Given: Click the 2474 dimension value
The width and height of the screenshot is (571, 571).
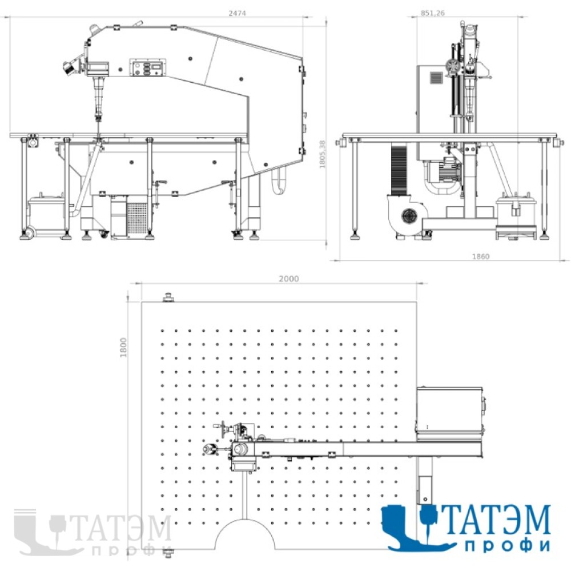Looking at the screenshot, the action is tap(237, 13).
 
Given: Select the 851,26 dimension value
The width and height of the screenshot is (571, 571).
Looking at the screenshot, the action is tap(433, 13).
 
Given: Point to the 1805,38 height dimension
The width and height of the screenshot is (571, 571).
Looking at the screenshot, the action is tap(323, 154).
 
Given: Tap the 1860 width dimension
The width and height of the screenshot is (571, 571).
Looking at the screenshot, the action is tap(481, 256).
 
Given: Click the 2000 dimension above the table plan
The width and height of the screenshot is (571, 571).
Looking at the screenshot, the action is tap(289, 279).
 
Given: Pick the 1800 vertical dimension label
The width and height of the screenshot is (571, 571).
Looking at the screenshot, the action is tap(123, 347).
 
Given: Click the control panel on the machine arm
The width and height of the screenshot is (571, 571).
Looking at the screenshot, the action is tap(148, 67).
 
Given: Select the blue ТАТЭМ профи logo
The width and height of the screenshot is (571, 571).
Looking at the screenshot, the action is tap(466, 528).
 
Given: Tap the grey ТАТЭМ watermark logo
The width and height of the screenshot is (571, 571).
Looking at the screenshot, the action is tap(93, 532).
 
